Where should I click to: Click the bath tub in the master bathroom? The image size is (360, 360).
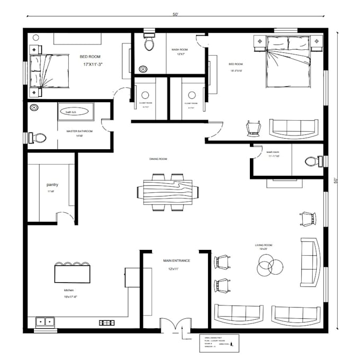pos(75,112)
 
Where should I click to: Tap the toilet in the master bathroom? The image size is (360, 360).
pos(38,138)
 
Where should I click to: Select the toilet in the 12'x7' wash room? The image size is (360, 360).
pos(149,43)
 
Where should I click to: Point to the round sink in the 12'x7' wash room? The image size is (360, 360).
pos(143,68)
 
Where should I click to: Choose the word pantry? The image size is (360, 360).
pos(52,184)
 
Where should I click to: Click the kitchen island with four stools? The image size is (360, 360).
pos(73,273)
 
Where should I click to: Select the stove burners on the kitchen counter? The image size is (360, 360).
pos(107,322)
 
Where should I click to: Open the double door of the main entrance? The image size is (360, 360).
pos(174,324)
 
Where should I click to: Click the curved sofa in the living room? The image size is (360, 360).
pos(310,261)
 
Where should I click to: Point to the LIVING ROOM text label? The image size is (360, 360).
pos(263,245)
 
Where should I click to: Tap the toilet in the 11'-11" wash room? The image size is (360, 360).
pos(313,160)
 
